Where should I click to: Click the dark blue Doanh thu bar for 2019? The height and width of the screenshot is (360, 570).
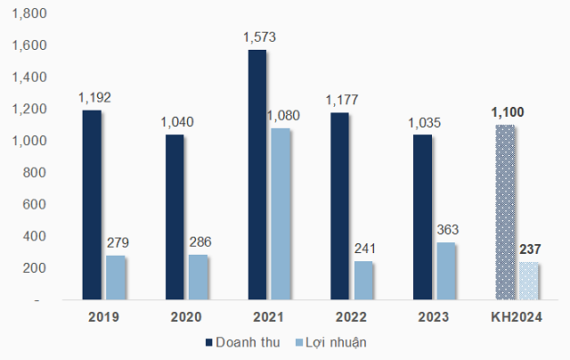(93, 205)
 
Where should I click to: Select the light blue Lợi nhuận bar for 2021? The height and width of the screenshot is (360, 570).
(281, 214)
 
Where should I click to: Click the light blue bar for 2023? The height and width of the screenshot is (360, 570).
(446, 271)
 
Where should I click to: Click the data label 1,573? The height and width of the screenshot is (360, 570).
(259, 38)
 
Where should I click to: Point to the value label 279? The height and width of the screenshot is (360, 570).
(119, 243)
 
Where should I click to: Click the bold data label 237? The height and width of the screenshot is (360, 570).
(532, 250)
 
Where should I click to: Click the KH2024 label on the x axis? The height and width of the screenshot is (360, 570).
(517, 317)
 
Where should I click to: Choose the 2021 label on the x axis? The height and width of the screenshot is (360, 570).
(269, 317)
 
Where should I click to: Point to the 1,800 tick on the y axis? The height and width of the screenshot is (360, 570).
(28, 13)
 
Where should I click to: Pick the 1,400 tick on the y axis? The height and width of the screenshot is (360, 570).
(28, 78)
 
